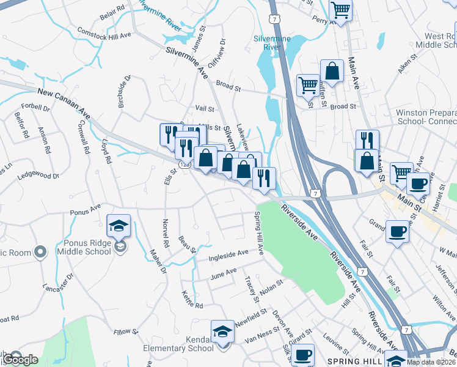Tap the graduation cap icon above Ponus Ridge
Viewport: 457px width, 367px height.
[x=118, y=226]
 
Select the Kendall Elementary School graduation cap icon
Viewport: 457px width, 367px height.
[x=222, y=332]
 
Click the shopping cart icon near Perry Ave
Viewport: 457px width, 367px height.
[x=340, y=10]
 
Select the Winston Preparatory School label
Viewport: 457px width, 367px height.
[x=426, y=117]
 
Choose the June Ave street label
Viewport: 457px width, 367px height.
[x=222, y=273]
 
